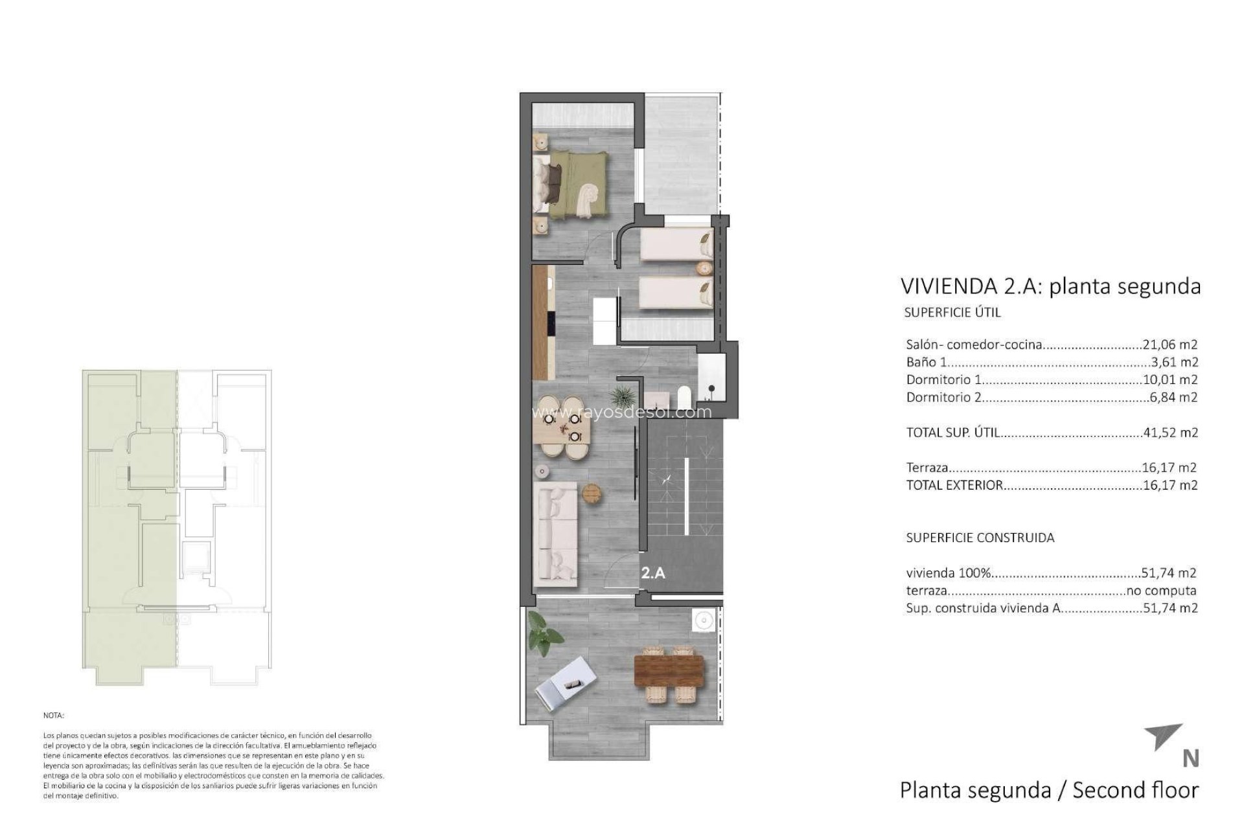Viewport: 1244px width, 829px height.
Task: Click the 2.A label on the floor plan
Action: (653, 573)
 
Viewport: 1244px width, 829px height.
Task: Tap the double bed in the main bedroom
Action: (570, 183)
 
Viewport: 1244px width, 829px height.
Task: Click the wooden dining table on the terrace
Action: (669, 674)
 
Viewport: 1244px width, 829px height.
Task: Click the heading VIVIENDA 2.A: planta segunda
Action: (1050, 286)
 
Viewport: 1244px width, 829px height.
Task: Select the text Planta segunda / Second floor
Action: (1049, 790)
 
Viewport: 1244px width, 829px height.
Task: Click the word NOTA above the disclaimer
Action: (54, 716)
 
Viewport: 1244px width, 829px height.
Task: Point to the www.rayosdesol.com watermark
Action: (621, 412)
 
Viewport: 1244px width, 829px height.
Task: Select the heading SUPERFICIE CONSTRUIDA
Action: (980, 538)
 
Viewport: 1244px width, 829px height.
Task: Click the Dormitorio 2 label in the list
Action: (943, 397)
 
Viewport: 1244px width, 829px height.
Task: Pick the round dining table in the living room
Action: (562, 427)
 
